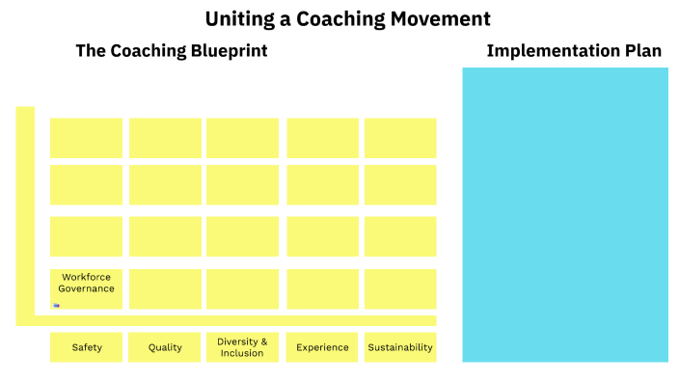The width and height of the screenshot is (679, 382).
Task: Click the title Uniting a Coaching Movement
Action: [347, 18]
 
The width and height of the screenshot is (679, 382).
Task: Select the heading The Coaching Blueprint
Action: [172, 51]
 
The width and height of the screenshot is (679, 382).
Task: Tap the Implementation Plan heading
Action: [574, 51]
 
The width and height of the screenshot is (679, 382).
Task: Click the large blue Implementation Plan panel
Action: [565, 214]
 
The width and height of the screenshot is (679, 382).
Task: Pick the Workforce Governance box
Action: [86, 288]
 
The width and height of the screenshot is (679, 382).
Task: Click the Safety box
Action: [86, 347]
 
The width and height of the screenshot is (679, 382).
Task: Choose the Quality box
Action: [165, 347]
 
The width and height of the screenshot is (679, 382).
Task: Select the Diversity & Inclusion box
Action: [242, 347]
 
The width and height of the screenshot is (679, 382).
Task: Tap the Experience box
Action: [322, 347]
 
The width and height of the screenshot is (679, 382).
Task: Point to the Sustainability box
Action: [400, 347]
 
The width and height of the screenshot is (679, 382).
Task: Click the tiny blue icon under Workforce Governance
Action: [57, 305]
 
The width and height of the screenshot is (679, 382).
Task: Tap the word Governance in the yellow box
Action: [86, 288]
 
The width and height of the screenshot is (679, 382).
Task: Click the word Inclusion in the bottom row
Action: [242, 353]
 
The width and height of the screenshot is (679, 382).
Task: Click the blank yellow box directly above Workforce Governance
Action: [86, 236]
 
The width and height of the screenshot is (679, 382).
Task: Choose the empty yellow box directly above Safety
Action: [86, 288]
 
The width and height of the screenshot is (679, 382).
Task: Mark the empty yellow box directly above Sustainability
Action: [400, 288]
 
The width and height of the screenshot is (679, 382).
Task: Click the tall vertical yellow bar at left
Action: [25, 212]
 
